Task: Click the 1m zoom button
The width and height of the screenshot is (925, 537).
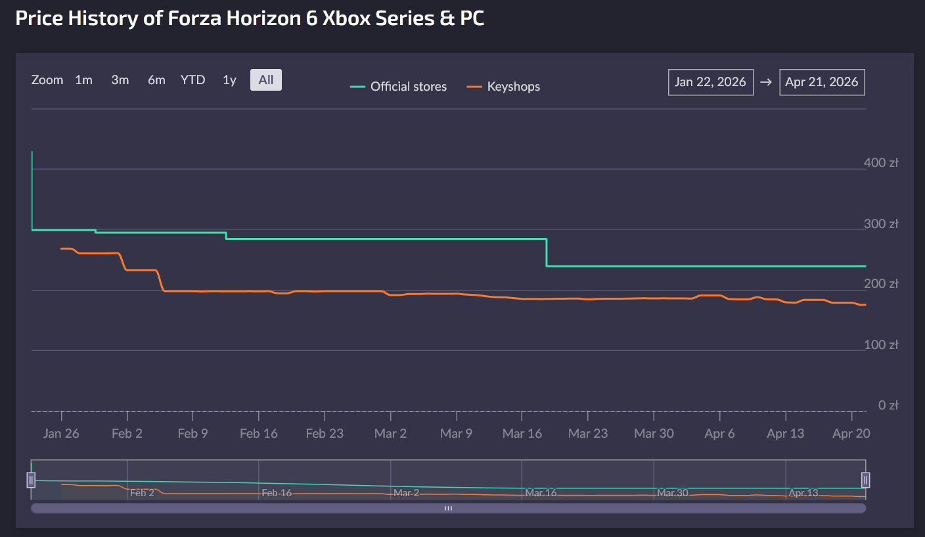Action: coord(83,80)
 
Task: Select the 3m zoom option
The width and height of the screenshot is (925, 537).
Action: coord(120,80)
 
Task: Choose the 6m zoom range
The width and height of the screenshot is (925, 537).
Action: coord(156,80)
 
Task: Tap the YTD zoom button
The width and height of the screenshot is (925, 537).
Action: coord(193,80)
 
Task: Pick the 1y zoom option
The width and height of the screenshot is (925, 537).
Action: coord(229,80)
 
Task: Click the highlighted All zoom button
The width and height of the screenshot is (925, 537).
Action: coord(266,80)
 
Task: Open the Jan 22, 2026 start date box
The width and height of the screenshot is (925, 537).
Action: coord(710,82)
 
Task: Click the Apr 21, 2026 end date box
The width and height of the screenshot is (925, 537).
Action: coord(822,82)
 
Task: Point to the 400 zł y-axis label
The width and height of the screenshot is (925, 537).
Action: coord(881,163)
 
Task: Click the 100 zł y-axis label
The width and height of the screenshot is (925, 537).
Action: coord(881,345)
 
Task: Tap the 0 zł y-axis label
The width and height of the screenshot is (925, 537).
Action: coord(888,406)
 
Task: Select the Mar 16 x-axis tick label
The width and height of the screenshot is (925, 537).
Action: coord(522,434)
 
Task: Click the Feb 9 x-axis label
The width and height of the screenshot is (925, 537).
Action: coord(192,434)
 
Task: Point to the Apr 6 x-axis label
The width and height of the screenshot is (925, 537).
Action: coord(719,434)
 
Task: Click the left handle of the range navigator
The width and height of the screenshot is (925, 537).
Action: coord(31,480)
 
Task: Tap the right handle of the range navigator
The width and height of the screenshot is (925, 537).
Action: coord(865,480)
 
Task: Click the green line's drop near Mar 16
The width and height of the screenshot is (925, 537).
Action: coord(547,252)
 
